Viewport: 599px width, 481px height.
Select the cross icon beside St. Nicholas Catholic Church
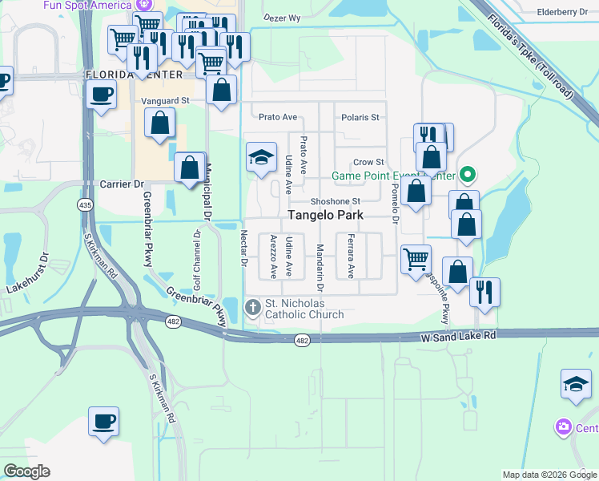(x=252, y=307)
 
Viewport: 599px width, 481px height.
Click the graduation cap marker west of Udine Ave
(x=261, y=158)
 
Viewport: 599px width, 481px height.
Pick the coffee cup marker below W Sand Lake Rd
(x=104, y=421)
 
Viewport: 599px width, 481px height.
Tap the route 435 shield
(x=85, y=206)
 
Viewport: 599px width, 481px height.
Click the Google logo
(x=26, y=471)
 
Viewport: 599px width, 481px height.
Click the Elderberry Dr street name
(x=564, y=12)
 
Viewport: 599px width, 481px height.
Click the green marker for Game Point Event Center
(x=470, y=174)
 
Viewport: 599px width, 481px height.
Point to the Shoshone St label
(x=336, y=201)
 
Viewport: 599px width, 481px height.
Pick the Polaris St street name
(x=358, y=117)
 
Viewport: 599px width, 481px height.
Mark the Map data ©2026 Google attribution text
(x=549, y=474)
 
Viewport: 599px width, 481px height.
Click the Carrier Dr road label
(x=121, y=184)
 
